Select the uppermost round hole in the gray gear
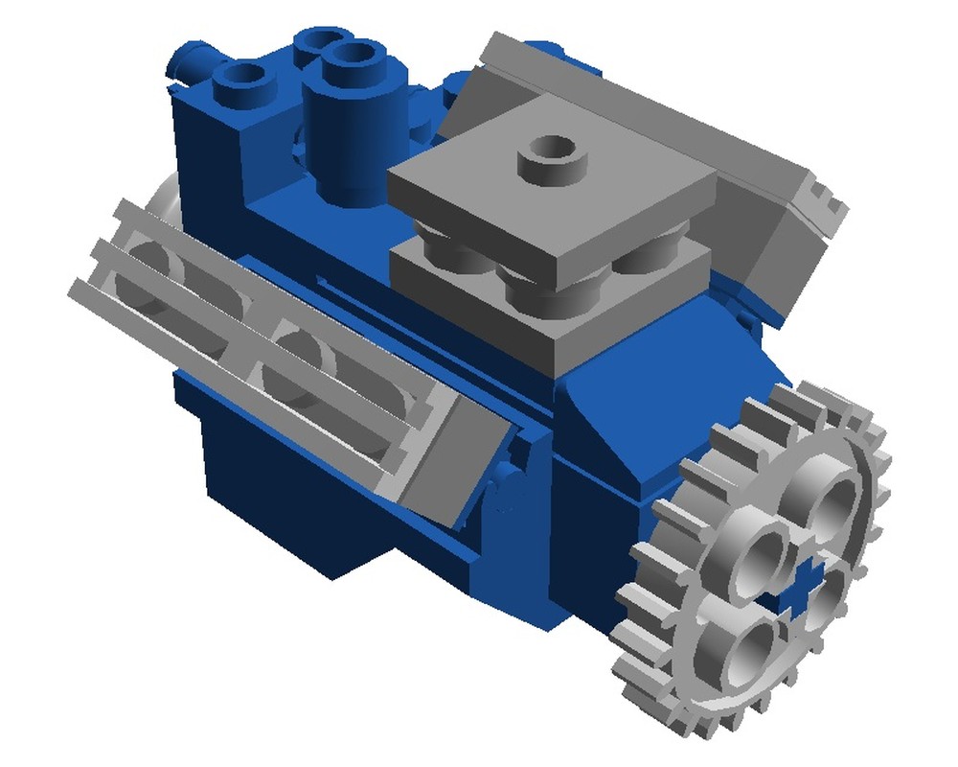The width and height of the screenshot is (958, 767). [x=827, y=499]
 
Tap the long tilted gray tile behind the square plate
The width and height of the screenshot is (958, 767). [x=613, y=96]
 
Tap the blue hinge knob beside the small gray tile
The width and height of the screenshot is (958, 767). [x=508, y=484]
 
